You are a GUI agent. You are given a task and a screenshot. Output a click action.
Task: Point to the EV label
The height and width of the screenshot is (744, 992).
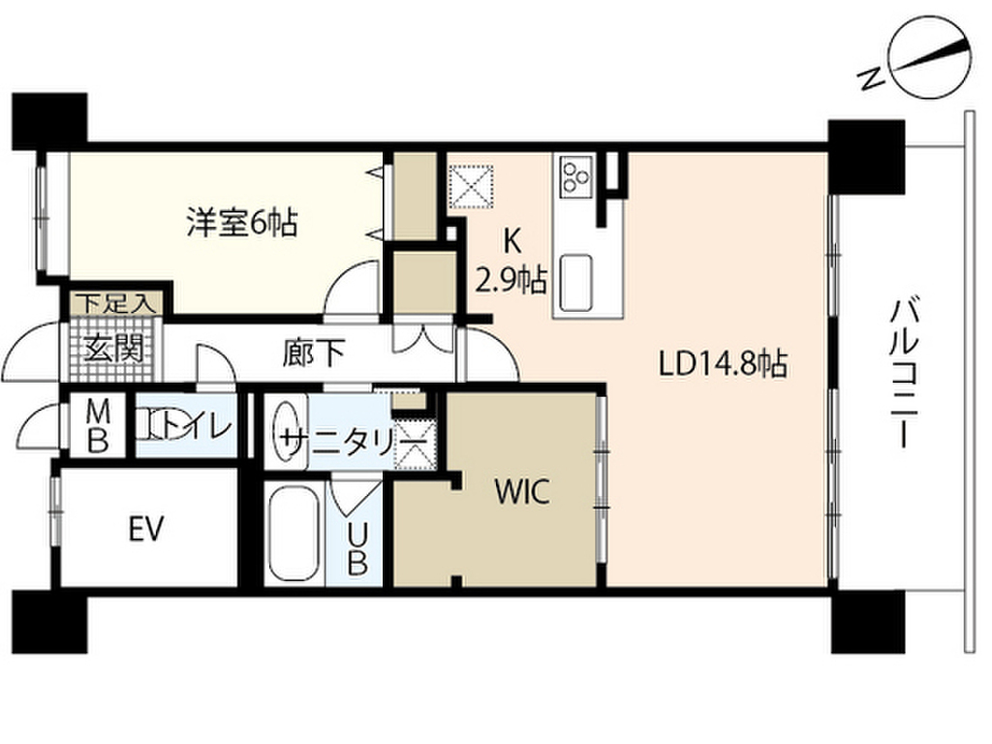pos(146,529)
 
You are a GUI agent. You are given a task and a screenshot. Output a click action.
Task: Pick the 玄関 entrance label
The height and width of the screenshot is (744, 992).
pos(108,347)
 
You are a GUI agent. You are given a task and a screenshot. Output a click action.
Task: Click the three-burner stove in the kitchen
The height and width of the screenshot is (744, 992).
pos(574,174)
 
